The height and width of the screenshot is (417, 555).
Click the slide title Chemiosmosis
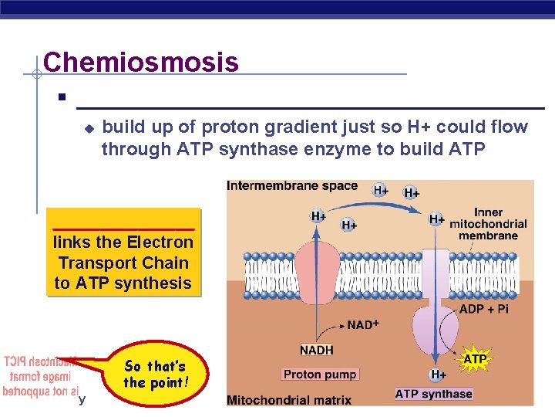tap(141, 62)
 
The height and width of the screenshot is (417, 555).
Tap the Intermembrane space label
tap(292, 186)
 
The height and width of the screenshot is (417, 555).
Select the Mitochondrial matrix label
tap(289, 400)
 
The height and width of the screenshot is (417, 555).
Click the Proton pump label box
tap(320, 375)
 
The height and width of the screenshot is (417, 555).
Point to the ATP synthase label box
tap(433, 394)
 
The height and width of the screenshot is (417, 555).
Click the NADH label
tap(316, 350)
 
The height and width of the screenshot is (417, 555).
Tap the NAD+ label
tap(363, 325)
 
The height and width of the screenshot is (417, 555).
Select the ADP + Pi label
tap(483, 310)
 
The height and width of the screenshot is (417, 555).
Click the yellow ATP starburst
tap(475, 359)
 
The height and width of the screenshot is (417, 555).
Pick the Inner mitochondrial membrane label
tap(489, 224)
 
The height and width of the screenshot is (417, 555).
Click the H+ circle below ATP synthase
tap(437, 375)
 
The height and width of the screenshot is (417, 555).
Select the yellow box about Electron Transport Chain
tap(123, 252)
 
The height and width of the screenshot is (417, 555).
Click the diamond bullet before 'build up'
tap(89, 127)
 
